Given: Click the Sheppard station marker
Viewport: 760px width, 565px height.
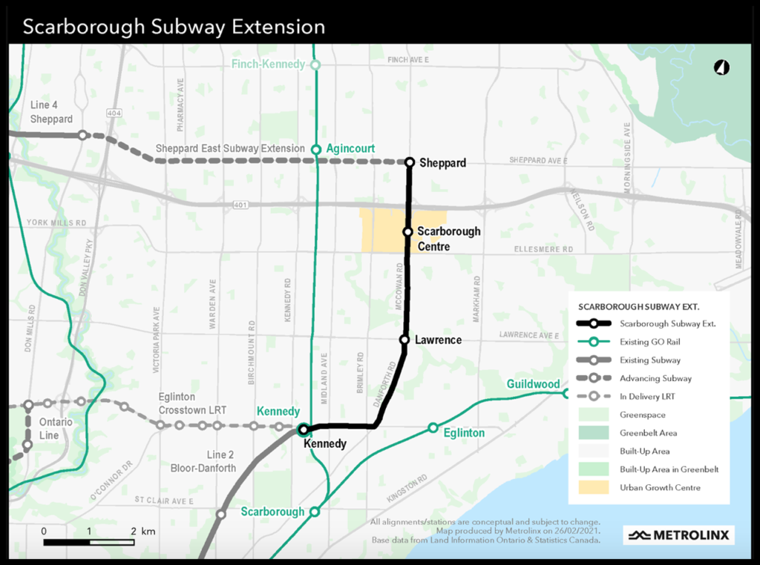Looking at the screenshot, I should click(x=409, y=162).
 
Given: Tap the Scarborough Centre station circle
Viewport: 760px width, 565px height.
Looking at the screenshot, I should click(x=407, y=232).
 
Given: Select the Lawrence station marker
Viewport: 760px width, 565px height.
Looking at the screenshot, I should click(x=404, y=340).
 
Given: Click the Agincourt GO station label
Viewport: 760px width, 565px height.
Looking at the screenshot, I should click(x=350, y=148).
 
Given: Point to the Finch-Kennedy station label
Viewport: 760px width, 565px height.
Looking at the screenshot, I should click(x=268, y=65).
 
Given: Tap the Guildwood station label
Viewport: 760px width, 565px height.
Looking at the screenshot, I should click(x=533, y=384).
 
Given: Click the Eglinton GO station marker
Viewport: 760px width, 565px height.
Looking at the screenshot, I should click(x=433, y=428).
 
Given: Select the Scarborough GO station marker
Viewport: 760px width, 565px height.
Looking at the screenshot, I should click(x=315, y=512).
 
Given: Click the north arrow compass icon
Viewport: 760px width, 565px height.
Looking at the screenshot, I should click(x=721, y=67).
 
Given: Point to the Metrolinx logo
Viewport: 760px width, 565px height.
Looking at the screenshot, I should click(x=678, y=535).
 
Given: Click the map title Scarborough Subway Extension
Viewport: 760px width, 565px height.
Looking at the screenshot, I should click(x=174, y=27).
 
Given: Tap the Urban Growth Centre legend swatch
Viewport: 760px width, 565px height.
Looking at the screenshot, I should click(x=593, y=487).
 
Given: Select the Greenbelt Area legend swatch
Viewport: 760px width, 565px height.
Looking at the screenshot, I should click(x=593, y=433).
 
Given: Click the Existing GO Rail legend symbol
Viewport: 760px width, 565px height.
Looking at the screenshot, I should click(x=593, y=342).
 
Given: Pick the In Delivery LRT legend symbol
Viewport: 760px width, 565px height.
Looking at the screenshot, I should click(x=593, y=397).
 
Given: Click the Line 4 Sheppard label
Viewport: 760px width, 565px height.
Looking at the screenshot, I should click(x=51, y=113).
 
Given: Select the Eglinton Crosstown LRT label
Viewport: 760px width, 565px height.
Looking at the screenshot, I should click(x=192, y=403).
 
